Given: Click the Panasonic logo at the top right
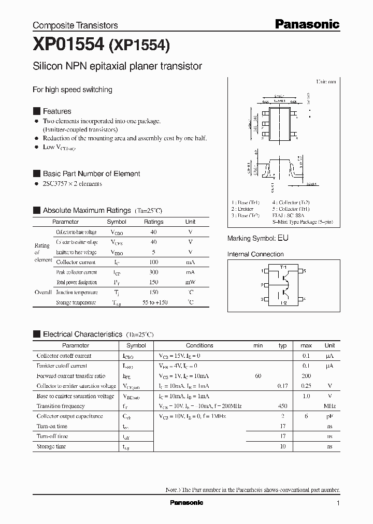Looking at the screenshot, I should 307,24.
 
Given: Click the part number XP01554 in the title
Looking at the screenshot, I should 69,46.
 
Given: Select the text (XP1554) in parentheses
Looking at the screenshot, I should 139,46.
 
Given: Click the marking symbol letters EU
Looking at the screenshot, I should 283,238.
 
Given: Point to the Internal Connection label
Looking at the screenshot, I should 255,254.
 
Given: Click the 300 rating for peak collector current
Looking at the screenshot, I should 153,272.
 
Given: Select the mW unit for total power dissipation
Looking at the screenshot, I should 190,282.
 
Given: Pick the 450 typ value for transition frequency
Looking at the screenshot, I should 282,406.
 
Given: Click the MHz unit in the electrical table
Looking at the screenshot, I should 329,406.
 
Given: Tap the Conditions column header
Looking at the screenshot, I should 199,345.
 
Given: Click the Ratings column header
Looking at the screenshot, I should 153,222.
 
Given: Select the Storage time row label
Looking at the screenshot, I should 52,446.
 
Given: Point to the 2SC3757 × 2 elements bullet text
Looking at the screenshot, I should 72,184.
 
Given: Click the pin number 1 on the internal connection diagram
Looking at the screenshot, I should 262,271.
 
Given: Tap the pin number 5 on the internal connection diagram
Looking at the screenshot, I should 305,271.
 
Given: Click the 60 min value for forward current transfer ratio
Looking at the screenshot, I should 258,376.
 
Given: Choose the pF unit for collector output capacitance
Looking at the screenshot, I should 329,416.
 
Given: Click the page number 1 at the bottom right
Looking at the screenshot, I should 338,503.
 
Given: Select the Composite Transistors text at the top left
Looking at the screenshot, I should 75,25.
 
